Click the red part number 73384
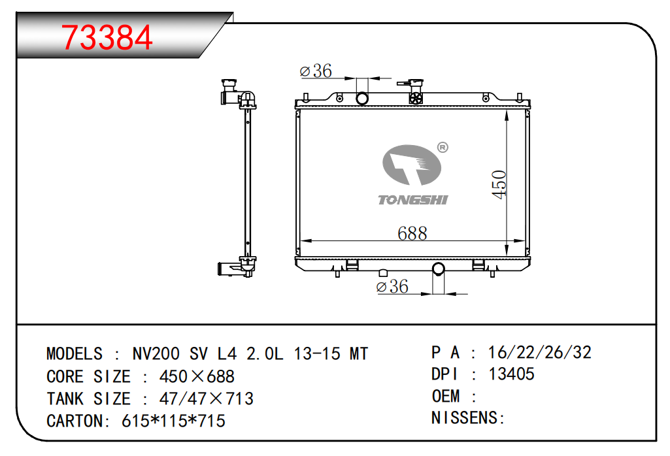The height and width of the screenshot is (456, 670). (x=107, y=38)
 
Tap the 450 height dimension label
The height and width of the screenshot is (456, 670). (x=499, y=184)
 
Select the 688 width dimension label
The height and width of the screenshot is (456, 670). (x=412, y=233)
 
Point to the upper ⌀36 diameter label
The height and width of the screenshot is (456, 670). (x=316, y=71)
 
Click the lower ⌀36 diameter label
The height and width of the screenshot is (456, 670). (x=392, y=286)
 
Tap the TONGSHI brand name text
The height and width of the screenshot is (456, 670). (x=412, y=200)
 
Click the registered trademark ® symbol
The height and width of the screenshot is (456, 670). (x=443, y=148)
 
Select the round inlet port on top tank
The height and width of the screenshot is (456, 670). (x=362, y=99)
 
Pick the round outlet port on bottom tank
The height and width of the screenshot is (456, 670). (x=439, y=269)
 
